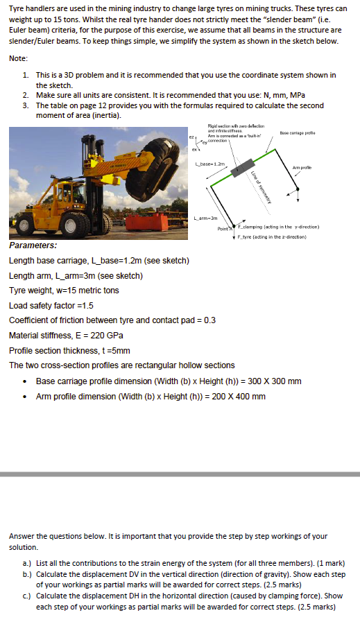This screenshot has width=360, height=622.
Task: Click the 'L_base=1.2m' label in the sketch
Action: pyautogui.click(x=209, y=165)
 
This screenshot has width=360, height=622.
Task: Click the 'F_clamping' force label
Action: pyautogui.click(x=277, y=227)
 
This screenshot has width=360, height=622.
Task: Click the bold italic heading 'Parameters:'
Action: pyautogui.click(x=33, y=246)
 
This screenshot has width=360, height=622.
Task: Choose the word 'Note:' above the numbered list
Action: pyautogui.click(x=19, y=58)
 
